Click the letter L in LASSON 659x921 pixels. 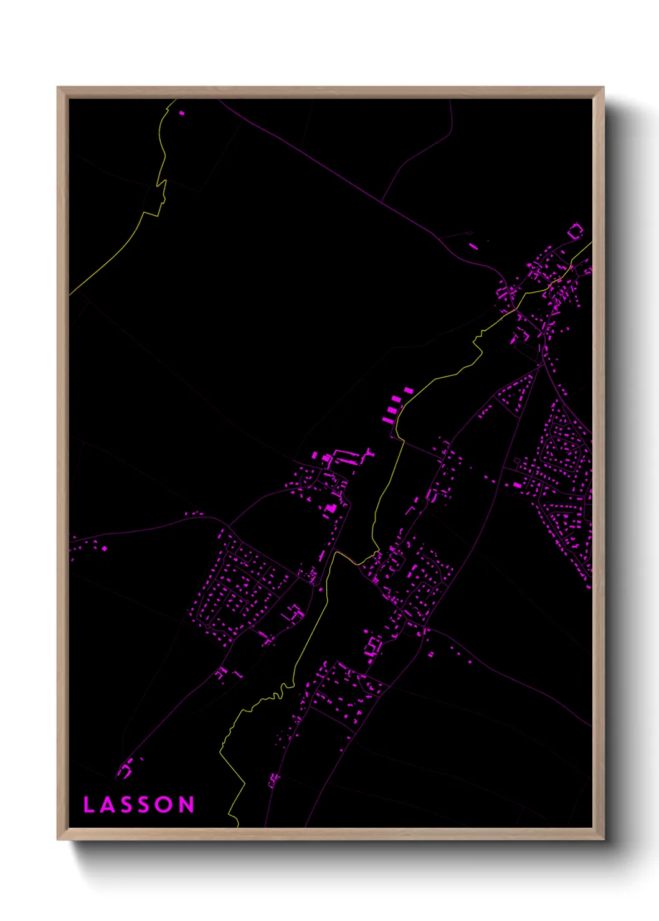click(88, 805)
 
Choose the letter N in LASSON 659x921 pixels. click(187, 805)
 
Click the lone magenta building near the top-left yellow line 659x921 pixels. click(182, 113)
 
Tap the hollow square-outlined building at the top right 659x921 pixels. click(576, 232)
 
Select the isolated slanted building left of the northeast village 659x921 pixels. click(473, 247)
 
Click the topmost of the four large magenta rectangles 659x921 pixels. click(409, 391)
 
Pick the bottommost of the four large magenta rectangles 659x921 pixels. click(387, 420)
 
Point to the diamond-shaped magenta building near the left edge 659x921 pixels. click(104, 549)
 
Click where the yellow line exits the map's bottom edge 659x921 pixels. click(238, 826)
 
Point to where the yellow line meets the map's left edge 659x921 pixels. click(70, 294)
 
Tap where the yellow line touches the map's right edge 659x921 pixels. click(591, 243)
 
